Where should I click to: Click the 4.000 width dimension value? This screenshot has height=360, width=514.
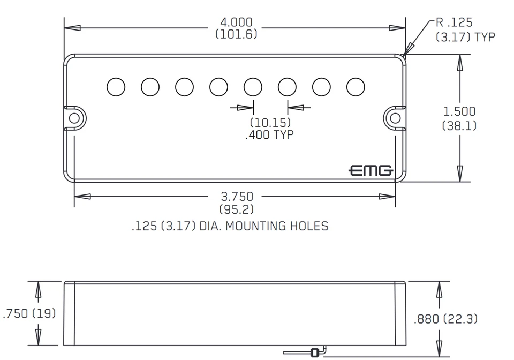236,22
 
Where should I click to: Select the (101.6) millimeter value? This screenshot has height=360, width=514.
236,34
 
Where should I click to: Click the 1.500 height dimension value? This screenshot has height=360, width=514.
459,111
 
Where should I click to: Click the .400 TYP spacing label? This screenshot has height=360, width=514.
269,134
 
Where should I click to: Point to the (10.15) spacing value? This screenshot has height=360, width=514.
269,123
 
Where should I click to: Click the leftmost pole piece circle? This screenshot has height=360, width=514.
116,86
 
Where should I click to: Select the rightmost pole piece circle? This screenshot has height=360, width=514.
356,86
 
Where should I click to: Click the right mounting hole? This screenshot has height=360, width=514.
395,117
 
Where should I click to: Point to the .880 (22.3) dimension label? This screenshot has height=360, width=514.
446,319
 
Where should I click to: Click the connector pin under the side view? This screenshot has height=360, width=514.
314,352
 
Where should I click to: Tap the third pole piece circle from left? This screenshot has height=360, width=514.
184,86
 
